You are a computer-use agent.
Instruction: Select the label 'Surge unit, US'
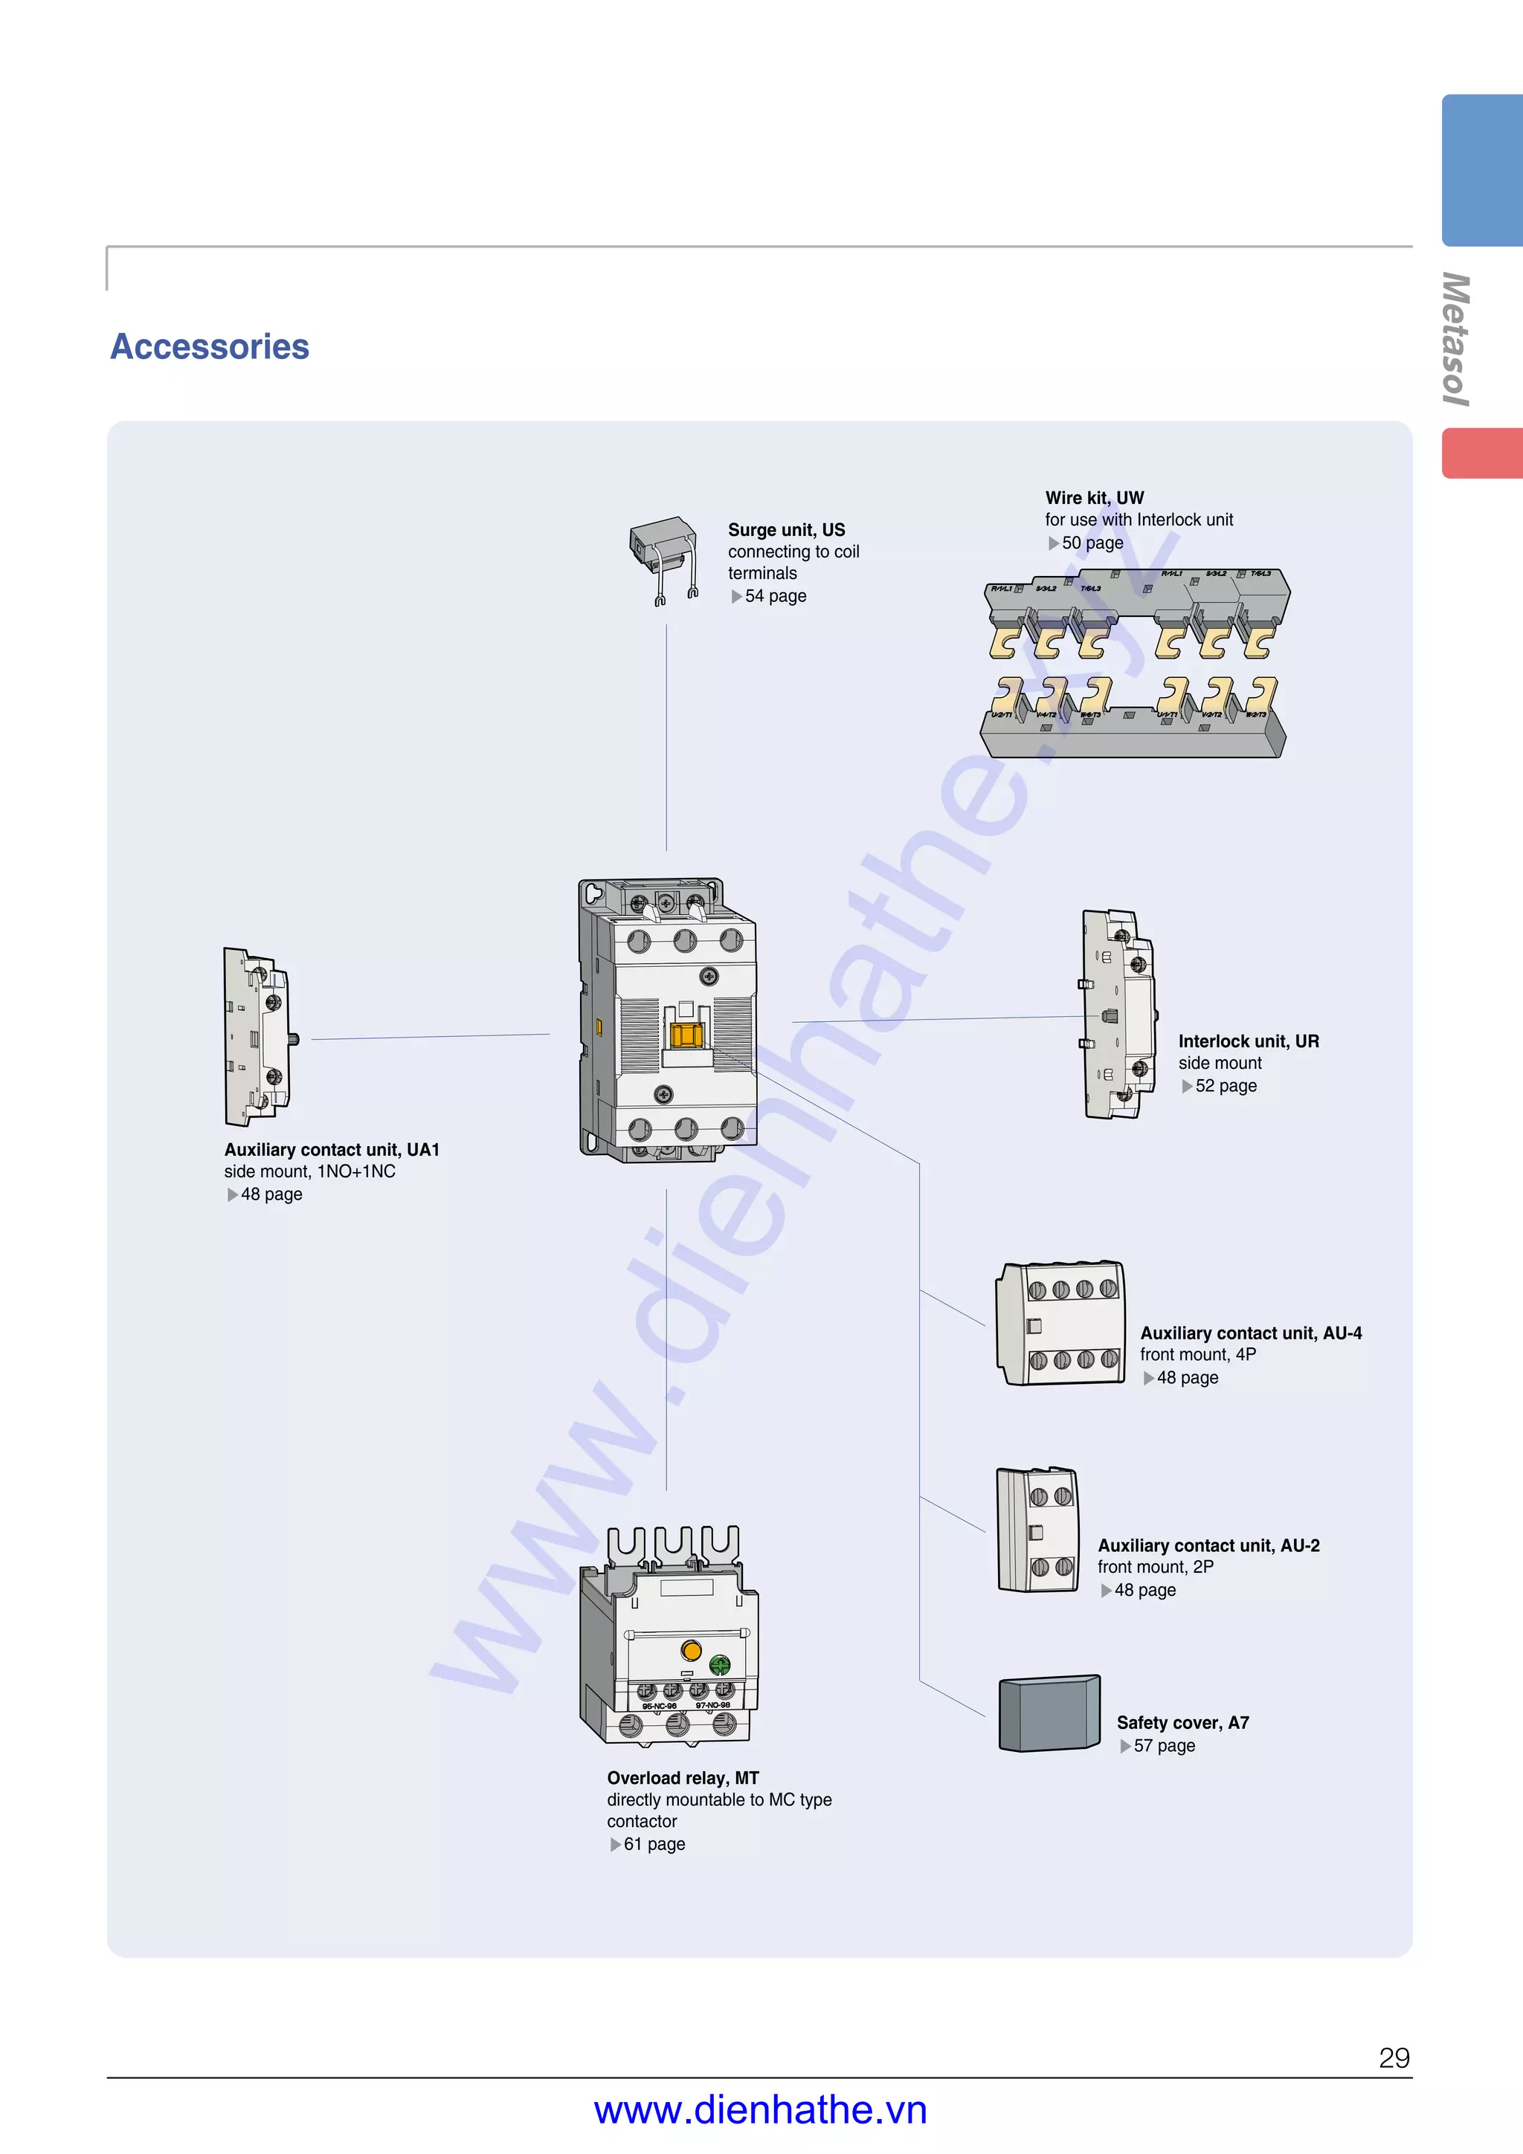tap(786, 530)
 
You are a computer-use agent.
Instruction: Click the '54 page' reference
tap(774, 597)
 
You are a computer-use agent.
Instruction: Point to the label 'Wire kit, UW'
tap(1094, 498)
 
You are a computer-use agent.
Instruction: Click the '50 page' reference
tap(1092, 543)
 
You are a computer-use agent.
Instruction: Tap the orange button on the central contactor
tap(686, 1035)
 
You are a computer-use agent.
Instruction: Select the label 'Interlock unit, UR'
tap(1248, 1041)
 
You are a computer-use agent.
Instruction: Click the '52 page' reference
tap(1225, 1087)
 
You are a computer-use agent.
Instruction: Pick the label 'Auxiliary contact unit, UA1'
tap(331, 1150)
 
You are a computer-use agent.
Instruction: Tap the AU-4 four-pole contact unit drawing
tap(1060, 1324)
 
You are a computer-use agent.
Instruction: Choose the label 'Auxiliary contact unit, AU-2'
tap(1208, 1546)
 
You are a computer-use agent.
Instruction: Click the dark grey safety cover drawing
tap(1049, 1713)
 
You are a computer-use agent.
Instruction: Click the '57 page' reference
tap(1164, 1746)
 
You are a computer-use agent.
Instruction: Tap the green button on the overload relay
tap(720, 1665)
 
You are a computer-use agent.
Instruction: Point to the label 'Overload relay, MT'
tap(682, 1779)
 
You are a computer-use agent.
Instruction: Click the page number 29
tap(1394, 2058)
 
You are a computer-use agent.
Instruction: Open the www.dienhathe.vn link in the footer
tap(760, 2111)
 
